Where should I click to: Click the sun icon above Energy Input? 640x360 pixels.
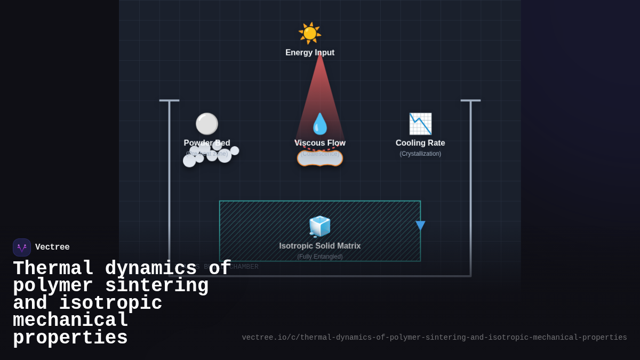click(309, 33)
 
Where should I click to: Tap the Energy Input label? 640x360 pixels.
click(310, 53)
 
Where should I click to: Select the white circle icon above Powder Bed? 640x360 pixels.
click(206, 124)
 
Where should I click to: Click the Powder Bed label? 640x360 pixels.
click(207, 143)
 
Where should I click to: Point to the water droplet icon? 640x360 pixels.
click(320, 124)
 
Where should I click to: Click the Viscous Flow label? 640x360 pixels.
click(320, 143)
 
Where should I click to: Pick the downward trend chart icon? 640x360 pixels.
click(420, 124)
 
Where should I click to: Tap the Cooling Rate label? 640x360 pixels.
click(420, 143)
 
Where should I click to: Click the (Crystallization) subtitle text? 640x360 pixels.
click(420, 154)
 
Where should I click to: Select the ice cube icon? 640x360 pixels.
click(320, 227)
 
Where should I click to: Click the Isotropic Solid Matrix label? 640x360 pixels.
click(320, 246)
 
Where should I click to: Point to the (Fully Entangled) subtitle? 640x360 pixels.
click(320, 257)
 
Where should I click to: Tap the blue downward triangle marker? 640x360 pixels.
click(420, 225)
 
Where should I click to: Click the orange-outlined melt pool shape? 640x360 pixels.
click(320, 158)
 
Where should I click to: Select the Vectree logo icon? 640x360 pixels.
click(22, 247)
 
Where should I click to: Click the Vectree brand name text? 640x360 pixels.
click(52, 247)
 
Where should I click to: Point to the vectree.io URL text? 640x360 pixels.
click(434, 338)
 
